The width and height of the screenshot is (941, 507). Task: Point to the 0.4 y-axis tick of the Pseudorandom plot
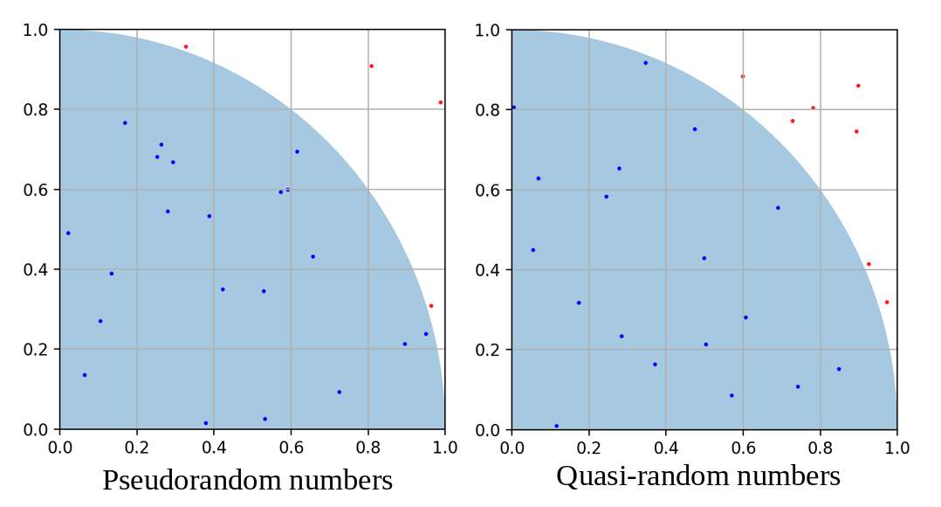click(x=35, y=269)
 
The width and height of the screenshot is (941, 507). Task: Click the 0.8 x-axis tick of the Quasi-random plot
click(x=820, y=448)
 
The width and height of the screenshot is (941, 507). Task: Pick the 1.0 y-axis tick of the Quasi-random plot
click(x=487, y=31)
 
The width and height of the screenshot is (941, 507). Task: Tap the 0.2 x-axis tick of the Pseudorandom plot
click(x=136, y=448)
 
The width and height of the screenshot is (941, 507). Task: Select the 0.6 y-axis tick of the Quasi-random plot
click(x=487, y=190)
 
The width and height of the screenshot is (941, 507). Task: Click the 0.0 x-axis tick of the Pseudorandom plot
click(x=59, y=448)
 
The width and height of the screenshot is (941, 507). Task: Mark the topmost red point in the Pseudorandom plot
click(x=186, y=46)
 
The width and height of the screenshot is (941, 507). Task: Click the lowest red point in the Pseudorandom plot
click(x=431, y=306)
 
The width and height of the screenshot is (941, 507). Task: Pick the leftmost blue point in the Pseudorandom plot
click(x=68, y=233)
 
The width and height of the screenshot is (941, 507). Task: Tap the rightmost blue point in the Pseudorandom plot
click(x=426, y=334)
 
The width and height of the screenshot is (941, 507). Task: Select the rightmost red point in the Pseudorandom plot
click(x=441, y=102)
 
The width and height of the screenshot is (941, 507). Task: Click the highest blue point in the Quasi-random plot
click(x=646, y=63)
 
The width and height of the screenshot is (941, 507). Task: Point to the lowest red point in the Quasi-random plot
click(x=887, y=302)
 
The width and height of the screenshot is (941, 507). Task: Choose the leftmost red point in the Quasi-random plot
click(x=743, y=76)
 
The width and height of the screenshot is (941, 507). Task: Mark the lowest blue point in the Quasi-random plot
click(x=556, y=426)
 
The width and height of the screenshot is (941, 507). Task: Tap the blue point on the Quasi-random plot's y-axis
click(x=513, y=108)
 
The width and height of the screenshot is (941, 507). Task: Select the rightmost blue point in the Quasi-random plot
click(x=839, y=369)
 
